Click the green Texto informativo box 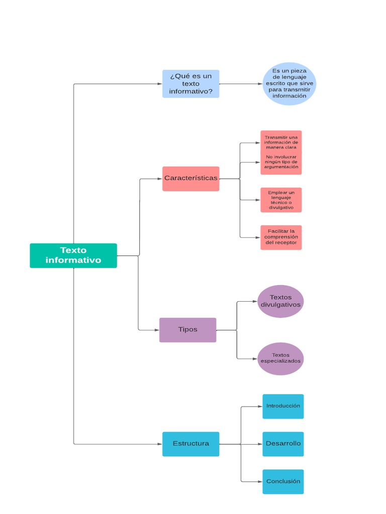pyautogui.click(x=73, y=255)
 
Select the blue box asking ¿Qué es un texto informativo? pyautogui.click(x=190, y=84)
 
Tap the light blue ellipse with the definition pyautogui.click(x=289, y=84)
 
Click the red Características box pyautogui.click(x=190, y=179)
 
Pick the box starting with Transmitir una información pyautogui.click(x=281, y=152)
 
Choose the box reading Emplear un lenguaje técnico pyautogui.click(x=281, y=200)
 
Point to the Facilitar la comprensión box pyautogui.click(x=281, y=237)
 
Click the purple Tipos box pyautogui.click(x=187, y=330)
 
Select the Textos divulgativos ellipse pyautogui.click(x=280, y=301)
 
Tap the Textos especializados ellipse pyautogui.click(x=280, y=358)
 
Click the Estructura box pyautogui.click(x=190, y=444)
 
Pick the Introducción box pyautogui.click(x=283, y=406)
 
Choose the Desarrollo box pyautogui.click(x=283, y=444)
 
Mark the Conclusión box pyautogui.click(x=283, y=481)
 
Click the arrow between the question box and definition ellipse pyautogui.click(x=241, y=84)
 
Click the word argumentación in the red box pyautogui.click(x=281, y=167)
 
